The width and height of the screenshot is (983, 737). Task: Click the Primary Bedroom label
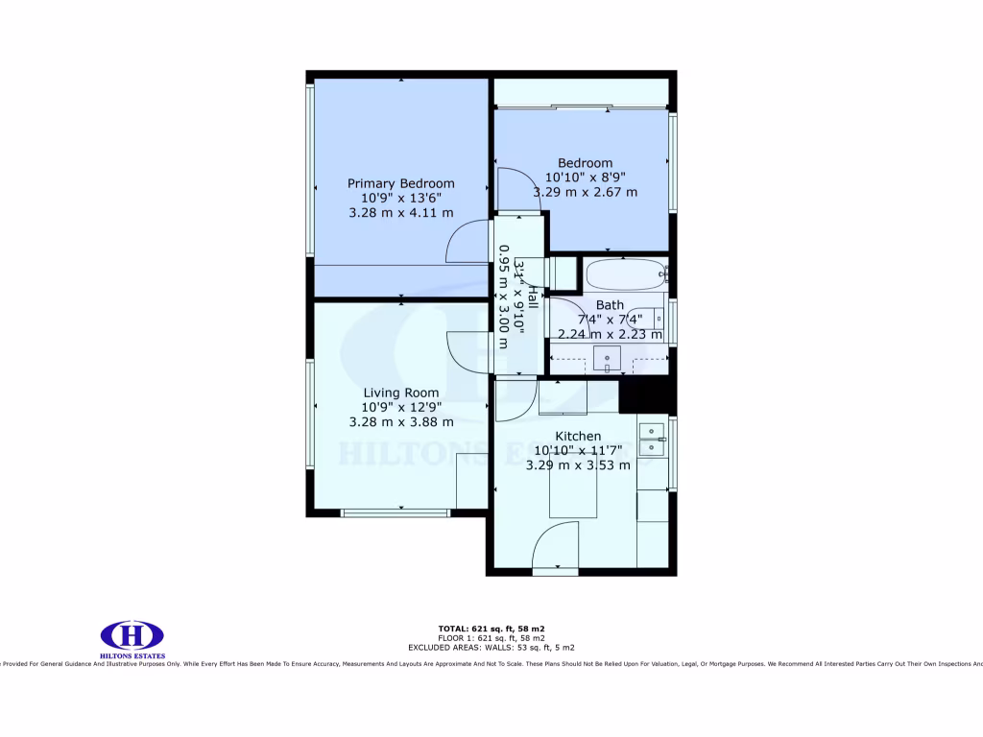[x=400, y=183]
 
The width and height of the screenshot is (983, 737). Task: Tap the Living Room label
[x=400, y=392]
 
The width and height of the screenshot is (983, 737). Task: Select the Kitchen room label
[x=578, y=437]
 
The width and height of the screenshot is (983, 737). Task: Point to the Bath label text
[x=610, y=306]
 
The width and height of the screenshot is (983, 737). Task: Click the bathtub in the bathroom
[x=625, y=274]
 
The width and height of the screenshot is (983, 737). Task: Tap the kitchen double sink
[x=653, y=440]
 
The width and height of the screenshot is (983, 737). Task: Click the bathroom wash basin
[x=607, y=360]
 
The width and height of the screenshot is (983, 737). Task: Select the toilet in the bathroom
[x=648, y=317]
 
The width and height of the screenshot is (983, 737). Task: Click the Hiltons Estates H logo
[x=132, y=635]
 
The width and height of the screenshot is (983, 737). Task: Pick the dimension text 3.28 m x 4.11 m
[x=400, y=213]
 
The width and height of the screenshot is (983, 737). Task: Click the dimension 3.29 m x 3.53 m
[x=578, y=465]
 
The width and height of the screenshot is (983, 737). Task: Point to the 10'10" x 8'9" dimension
[x=585, y=178]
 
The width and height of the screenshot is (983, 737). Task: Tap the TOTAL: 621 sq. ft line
[x=491, y=629]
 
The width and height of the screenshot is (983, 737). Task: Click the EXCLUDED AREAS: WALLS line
[x=491, y=648]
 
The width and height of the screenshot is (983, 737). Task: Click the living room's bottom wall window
[x=396, y=512]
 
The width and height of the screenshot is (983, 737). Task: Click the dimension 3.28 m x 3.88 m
[x=400, y=421]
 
